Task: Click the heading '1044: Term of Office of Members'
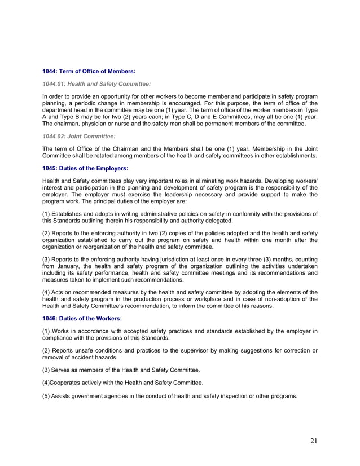coord(89,72)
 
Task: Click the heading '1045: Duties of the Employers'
coord(85,168)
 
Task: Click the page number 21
coord(313,441)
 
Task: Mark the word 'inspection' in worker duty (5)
coord(222,396)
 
